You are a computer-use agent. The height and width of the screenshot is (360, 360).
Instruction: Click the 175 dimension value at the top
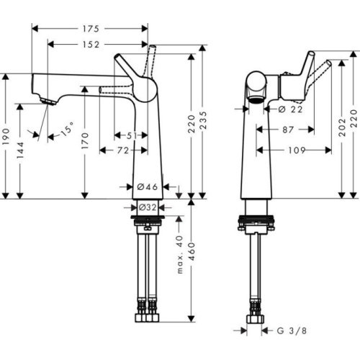click(x=91, y=29)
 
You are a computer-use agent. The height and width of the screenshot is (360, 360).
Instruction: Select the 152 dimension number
click(x=91, y=45)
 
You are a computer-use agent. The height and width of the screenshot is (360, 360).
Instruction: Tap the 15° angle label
click(x=67, y=129)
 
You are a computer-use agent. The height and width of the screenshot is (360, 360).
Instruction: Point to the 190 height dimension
click(x=6, y=137)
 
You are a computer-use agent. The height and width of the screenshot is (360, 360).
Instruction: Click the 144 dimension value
click(x=20, y=150)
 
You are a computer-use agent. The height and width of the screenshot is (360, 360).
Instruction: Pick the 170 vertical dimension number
click(x=85, y=140)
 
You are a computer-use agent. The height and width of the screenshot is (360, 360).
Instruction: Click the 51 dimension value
click(x=132, y=136)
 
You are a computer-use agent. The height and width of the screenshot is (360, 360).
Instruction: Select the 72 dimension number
click(x=123, y=150)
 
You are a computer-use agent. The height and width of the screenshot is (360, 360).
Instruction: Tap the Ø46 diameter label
click(x=148, y=186)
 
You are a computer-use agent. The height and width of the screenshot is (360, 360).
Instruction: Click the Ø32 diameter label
click(x=148, y=207)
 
